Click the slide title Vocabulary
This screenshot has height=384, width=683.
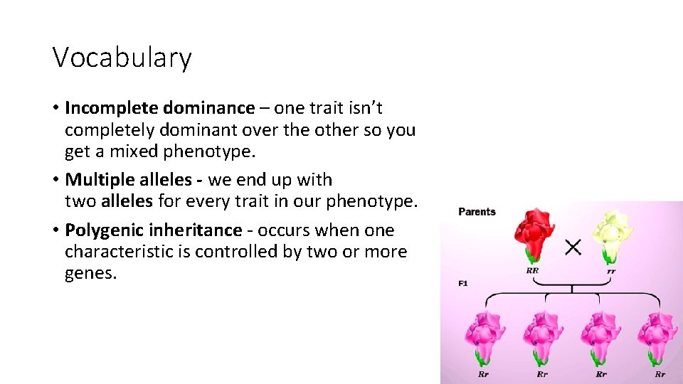(x=122, y=58)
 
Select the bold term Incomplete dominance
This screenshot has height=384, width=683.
(x=159, y=108)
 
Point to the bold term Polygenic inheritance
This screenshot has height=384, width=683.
(x=153, y=230)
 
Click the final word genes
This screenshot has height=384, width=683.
(x=90, y=274)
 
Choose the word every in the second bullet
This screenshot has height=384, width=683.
(x=212, y=201)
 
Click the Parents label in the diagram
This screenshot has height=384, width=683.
(x=477, y=212)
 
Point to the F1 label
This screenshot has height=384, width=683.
(x=462, y=284)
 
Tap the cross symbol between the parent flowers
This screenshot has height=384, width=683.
(x=573, y=247)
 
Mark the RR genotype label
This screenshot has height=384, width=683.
(x=531, y=271)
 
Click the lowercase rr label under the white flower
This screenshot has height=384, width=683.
(x=611, y=271)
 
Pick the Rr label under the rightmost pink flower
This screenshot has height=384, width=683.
(x=660, y=374)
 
